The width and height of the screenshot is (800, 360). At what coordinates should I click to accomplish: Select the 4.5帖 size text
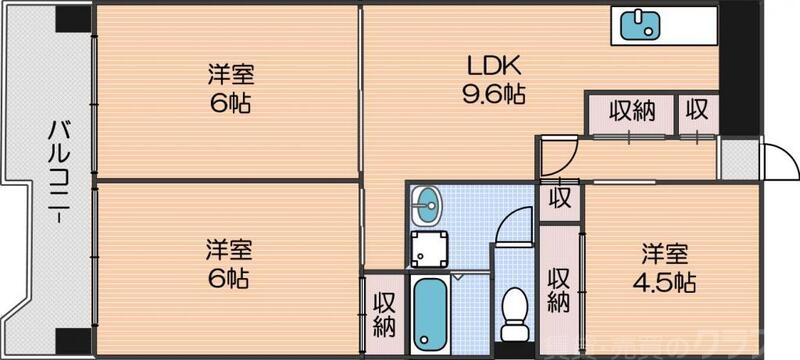pyautogui.click(x=667, y=281)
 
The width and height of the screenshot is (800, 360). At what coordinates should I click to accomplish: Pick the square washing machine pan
pyautogui.click(x=428, y=247)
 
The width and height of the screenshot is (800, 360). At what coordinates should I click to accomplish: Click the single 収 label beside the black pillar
pyautogui.click(x=696, y=111)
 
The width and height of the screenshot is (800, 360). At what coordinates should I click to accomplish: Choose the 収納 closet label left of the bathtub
pyautogui.click(x=384, y=312)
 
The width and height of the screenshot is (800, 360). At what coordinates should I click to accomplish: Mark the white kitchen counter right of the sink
pyautogui.click(x=690, y=23)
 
